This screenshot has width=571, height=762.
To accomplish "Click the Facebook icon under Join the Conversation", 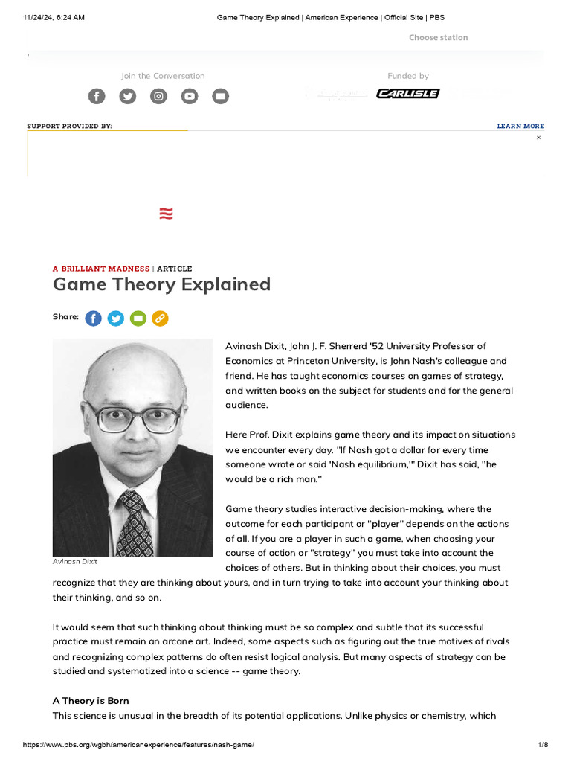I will click(97, 96).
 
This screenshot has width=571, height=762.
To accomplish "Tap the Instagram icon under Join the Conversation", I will click(158, 96).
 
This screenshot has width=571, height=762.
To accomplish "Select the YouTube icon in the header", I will click(190, 96).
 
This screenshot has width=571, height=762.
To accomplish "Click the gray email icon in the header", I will click(221, 96).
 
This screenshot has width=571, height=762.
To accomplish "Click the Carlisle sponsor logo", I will click(407, 94).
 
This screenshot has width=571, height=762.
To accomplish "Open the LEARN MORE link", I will click(520, 127).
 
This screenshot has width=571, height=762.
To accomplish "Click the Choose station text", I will click(438, 37).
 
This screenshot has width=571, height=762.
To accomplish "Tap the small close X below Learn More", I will click(539, 138).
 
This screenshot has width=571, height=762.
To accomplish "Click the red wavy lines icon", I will click(166, 214).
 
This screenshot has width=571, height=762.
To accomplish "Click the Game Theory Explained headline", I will click(161, 284).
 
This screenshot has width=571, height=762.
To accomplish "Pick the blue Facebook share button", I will click(93, 318).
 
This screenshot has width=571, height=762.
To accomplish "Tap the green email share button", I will click(138, 318).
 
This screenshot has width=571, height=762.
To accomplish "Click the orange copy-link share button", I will click(160, 318).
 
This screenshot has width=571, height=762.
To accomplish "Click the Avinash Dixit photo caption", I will click(76, 561).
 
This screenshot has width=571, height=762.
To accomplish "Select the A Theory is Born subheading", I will click(91, 701).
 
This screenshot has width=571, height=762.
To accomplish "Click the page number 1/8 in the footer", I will click(542, 745).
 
